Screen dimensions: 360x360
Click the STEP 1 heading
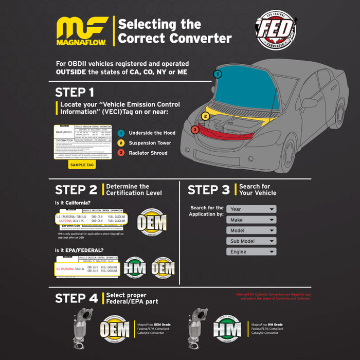coord(75,93)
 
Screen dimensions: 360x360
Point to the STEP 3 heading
coord(208,190)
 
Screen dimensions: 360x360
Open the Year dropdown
coord(251,209)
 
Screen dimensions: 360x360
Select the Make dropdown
coord(251,220)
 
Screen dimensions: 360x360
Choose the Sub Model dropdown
coord(251,241)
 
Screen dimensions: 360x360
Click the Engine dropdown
coord(251,252)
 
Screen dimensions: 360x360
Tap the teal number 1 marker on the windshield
coord(218,74)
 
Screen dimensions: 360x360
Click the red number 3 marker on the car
coord(195,130)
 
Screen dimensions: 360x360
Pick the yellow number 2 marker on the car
coord(205,116)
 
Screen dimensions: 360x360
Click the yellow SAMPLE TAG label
coord(82,165)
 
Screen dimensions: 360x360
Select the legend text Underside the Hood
coord(152,133)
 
